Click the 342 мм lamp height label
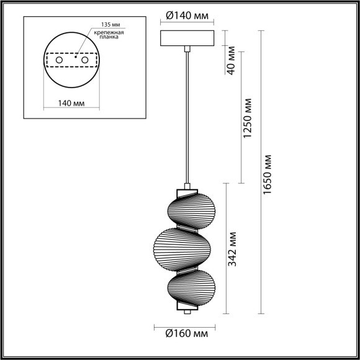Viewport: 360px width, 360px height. [231, 249]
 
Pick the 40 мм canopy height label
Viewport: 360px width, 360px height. [231, 60]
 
